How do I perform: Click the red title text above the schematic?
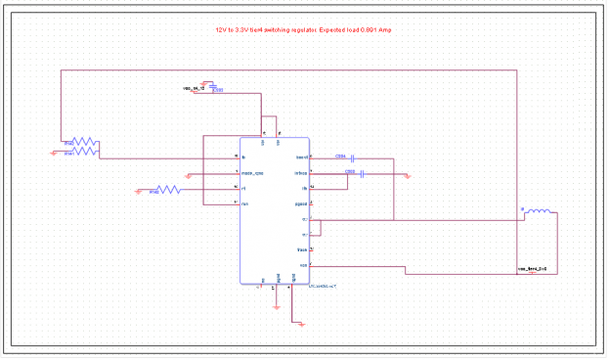point(304,30)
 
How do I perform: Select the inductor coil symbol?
point(538,211)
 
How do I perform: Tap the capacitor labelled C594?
point(353,157)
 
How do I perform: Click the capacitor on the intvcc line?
point(362,174)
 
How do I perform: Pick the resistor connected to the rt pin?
point(166,189)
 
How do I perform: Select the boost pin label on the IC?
point(301,157)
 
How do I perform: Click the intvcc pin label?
point(301,173)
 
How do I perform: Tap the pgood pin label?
point(301,203)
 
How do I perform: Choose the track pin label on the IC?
point(302,250)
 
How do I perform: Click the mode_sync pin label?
point(253,173)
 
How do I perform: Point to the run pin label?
point(245,203)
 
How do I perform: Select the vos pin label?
point(303,265)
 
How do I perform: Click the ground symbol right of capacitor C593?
point(408,176)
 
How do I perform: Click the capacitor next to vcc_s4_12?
point(214,87)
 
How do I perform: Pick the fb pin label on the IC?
point(304,188)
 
